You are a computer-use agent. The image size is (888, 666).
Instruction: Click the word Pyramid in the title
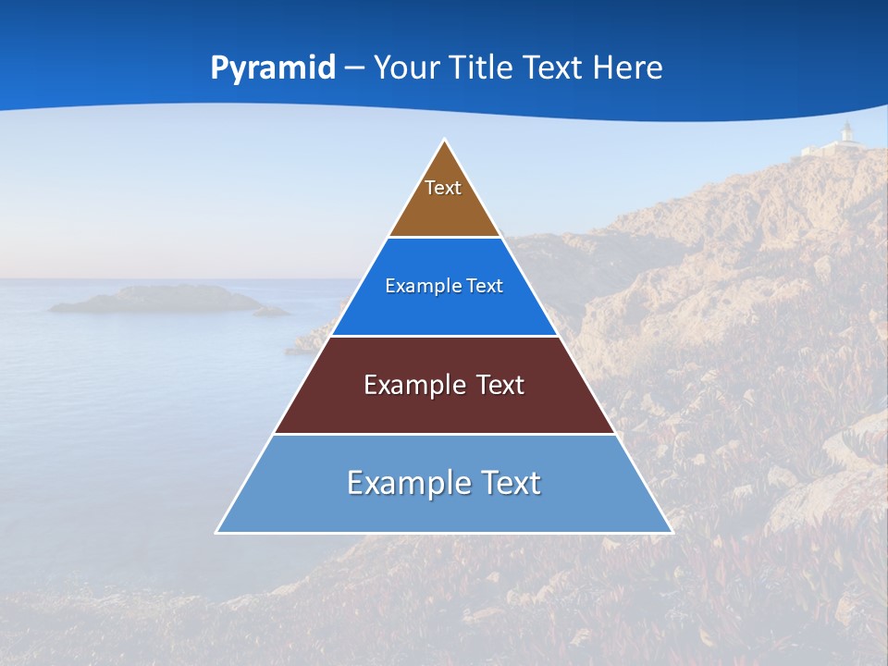coord(273,68)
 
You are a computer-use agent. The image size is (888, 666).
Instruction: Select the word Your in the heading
coord(406,68)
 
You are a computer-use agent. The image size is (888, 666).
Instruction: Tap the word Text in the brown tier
coord(443,188)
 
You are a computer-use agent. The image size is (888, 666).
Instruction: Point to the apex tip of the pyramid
coord(445,142)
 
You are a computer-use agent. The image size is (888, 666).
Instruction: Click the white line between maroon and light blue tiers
coord(444,434)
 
